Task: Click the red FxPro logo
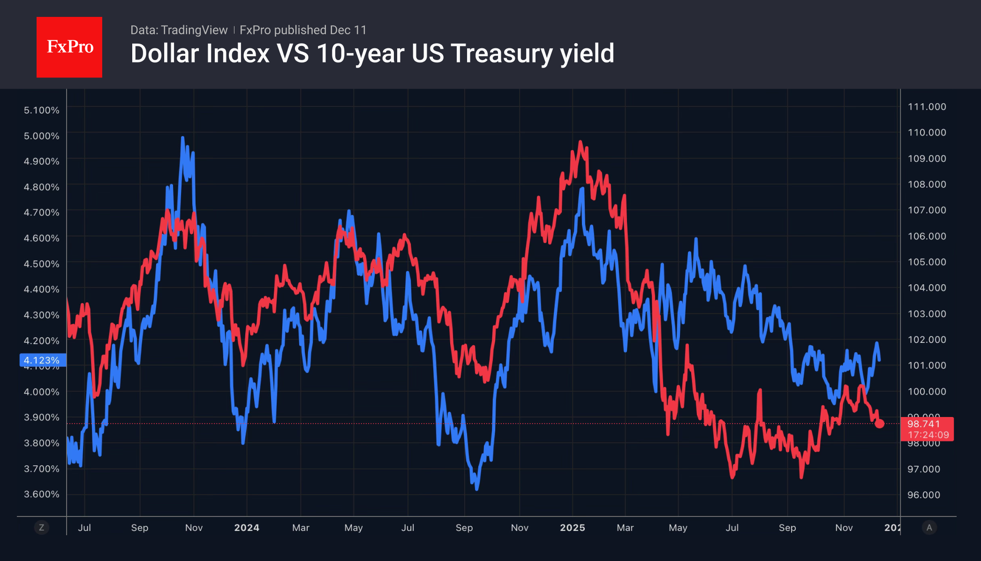coord(69,47)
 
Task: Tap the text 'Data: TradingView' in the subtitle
coord(179,30)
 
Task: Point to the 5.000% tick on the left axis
coord(42,136)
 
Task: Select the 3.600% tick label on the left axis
coord(42,494)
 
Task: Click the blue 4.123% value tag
coord(42,360)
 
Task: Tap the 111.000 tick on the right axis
coord(927,107)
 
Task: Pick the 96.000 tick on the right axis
coord(923,495)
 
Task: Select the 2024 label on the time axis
coord(247,528)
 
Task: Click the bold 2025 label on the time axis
coord(572,528)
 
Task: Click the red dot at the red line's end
coord(879,424)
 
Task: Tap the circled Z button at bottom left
coord(42,528)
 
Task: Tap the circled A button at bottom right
coord(929,528)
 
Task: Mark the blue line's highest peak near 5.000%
coord(182,138)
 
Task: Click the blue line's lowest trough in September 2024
coord(476,489)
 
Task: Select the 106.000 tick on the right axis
coord(927,236)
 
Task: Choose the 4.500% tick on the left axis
coord(42,264)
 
